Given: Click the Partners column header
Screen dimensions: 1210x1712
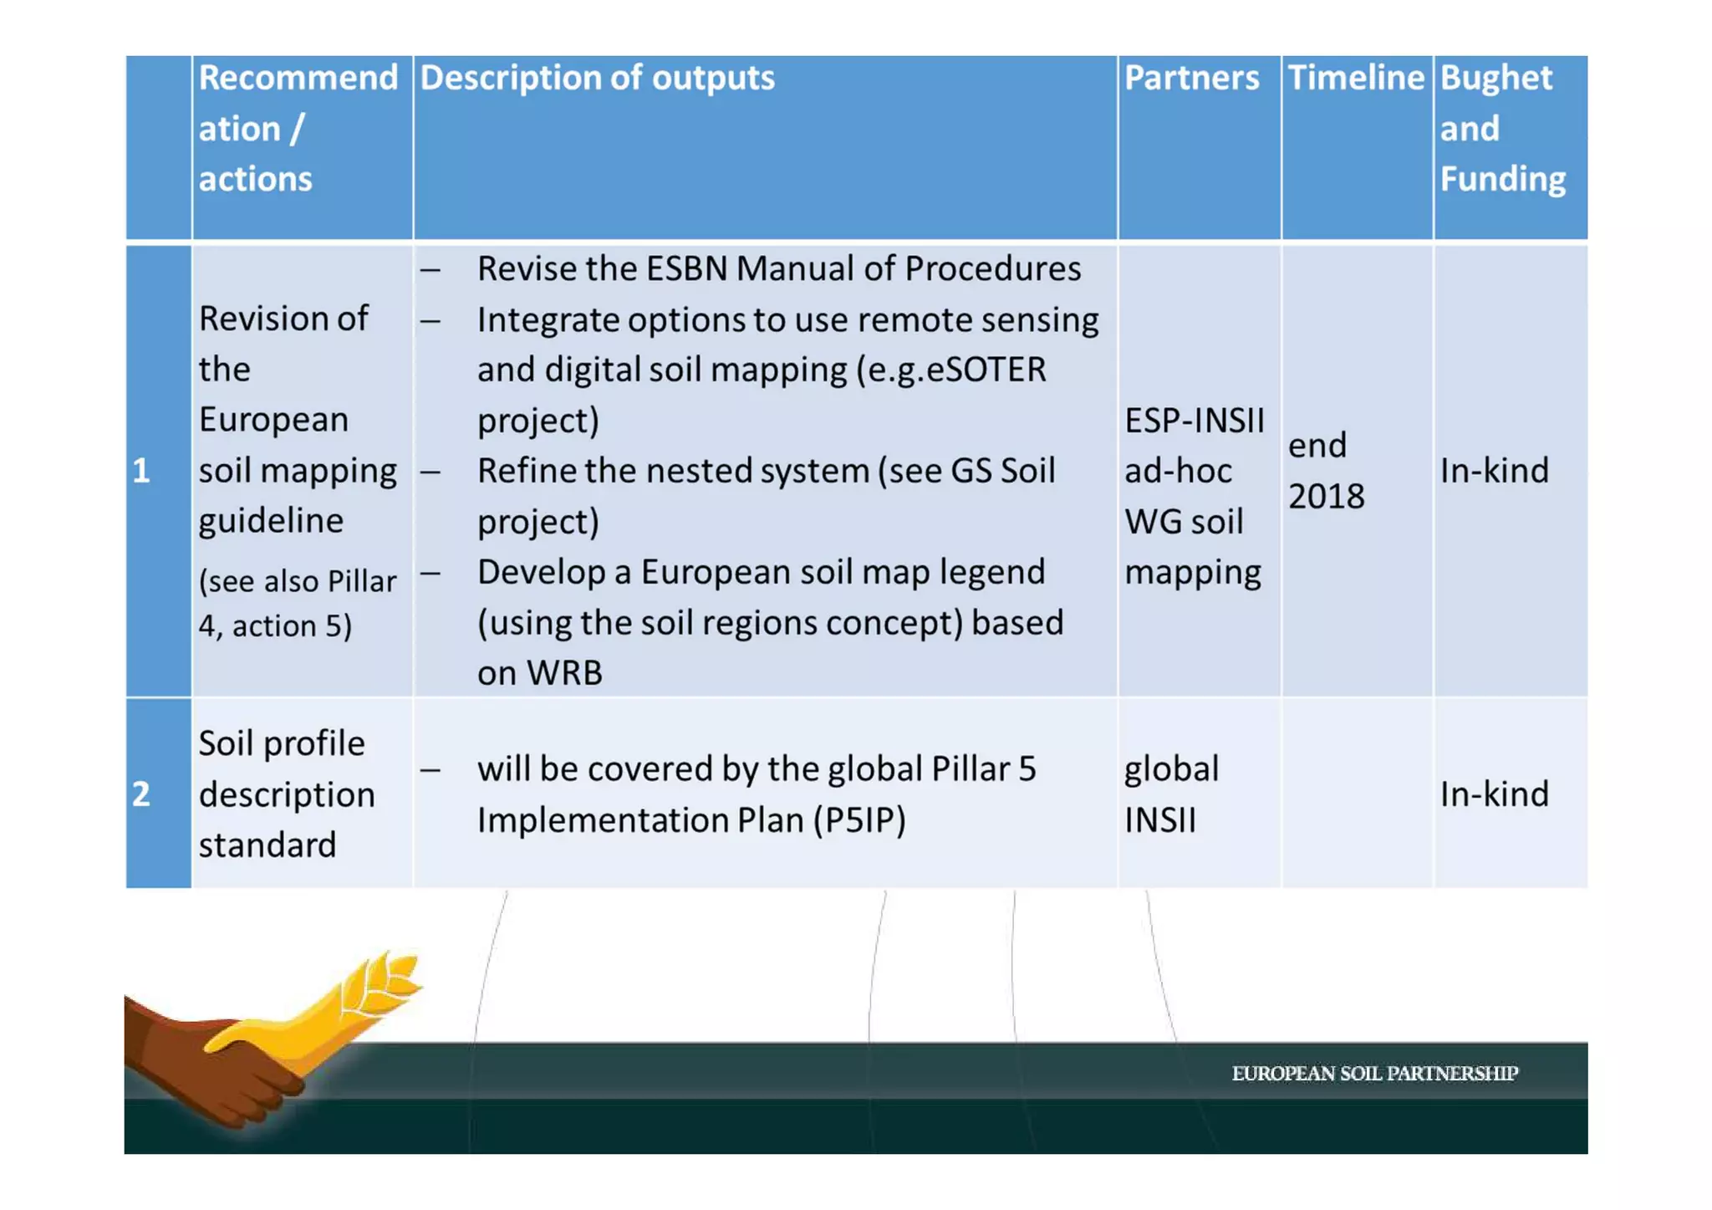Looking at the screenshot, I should [x=1190, y=79].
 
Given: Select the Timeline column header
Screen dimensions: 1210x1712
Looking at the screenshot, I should [x=1355, y=79].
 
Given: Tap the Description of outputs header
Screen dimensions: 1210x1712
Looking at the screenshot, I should [x=597, y=79].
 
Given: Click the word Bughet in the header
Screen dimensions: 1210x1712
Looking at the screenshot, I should [x=1495, y=79].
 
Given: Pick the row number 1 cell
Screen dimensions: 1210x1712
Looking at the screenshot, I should [x=141, y=471].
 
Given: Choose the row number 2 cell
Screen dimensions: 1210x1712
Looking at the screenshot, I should [x=141, y=794].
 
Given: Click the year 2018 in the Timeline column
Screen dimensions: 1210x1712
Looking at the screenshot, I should [x=1326, y=497].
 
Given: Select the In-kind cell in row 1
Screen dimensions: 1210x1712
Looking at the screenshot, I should [x=1494, y=471].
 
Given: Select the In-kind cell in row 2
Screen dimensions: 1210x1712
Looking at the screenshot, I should [x=1494, y=794].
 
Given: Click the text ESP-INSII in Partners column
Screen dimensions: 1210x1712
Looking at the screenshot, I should [x=1194, y=421].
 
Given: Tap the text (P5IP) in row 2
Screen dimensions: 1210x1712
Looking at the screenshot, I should [x=859, y=820].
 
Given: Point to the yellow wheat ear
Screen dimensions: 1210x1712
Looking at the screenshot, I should [x=380, y=983].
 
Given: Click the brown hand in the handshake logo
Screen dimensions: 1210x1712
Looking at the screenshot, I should [x=201, y=1062].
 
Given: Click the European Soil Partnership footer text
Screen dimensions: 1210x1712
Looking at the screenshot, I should [x=1374, y=1074].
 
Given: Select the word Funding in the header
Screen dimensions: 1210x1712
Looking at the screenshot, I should [x=1502, y=179].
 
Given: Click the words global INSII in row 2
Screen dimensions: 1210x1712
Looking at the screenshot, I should [x=1170, y=794].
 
